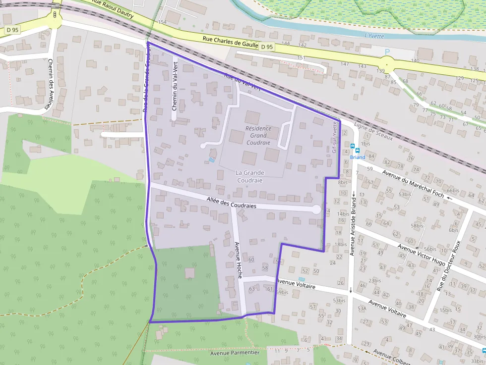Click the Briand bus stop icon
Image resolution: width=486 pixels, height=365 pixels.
click(x=353, y=147)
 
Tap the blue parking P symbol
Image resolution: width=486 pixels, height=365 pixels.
click(x=388, y=52)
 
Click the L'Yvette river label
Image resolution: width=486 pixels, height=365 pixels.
click(x=374, y=35)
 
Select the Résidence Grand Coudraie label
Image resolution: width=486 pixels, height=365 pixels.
click(x=258, y=135)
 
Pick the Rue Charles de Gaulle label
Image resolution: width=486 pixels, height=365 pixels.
click(x=231, y=43)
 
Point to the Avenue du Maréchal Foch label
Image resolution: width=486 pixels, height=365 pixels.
click(x=411, y=180)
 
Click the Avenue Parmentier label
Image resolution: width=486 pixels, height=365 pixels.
click(x=235, y=353)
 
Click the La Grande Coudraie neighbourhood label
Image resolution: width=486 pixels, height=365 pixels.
click(x=250, y=176)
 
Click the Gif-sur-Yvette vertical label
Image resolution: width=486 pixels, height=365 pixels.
click(x=335, y=137)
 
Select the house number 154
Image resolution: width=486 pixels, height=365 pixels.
click(x=162, y=23)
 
